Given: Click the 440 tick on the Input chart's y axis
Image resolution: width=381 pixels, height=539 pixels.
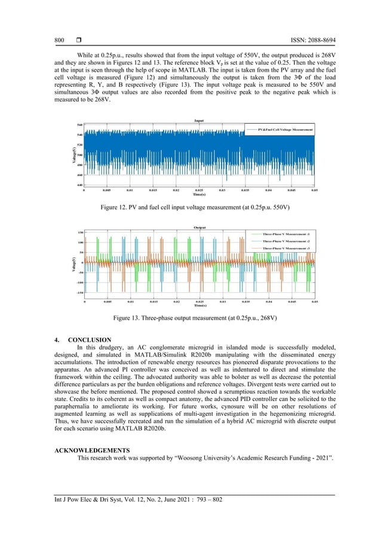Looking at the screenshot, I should click(x=79, y=185).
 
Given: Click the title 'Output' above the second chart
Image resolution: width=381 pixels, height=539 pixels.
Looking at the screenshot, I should click(x=200, y=227).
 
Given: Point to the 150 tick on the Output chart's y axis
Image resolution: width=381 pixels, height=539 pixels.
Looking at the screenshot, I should click(x=79, y=232).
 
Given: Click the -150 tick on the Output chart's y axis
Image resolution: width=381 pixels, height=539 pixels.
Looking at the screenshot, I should click(x=79, y=293).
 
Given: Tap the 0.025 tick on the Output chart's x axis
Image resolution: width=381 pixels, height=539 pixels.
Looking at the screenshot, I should click(x=200, y=302).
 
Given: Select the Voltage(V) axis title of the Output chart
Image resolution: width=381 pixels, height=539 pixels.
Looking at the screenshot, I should click(x=70, y=263).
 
